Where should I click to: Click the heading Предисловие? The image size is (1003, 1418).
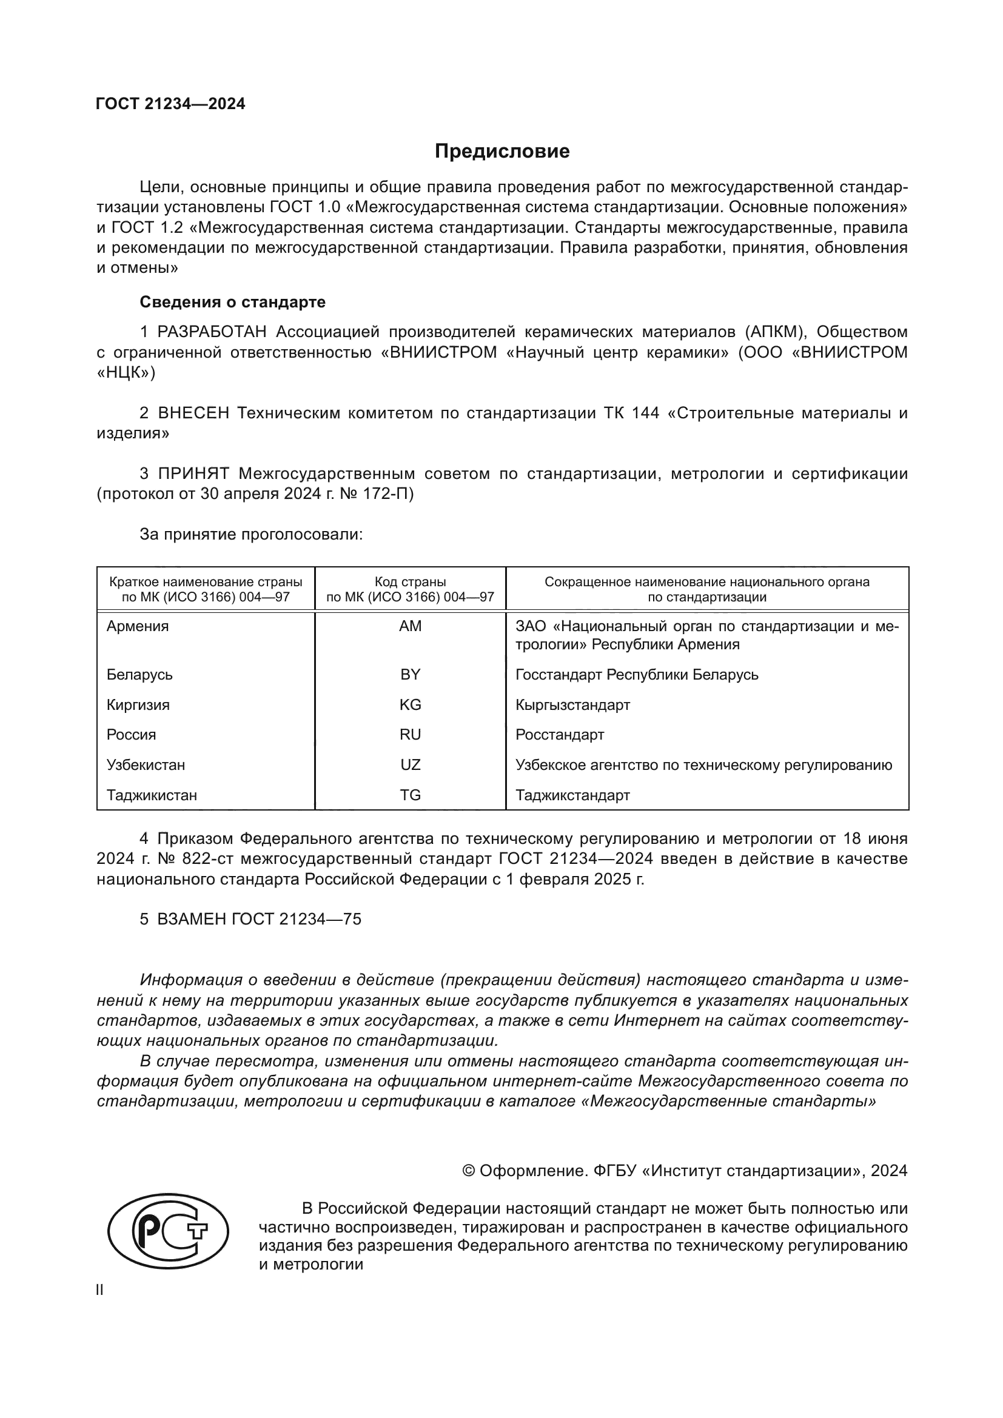[501, 152]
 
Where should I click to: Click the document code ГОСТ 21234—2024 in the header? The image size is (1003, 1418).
[170, 104]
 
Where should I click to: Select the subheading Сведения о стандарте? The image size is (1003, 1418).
[232, 302]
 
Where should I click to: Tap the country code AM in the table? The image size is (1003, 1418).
[410, 626]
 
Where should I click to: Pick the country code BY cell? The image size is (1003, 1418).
[410, 674]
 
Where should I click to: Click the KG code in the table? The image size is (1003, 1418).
[410, 704]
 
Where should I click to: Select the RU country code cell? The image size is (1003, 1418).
[410, 734]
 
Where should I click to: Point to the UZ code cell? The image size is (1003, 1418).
[410, 764]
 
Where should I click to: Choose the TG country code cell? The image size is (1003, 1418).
[410, 795]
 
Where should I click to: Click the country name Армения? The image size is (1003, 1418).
[138, 626]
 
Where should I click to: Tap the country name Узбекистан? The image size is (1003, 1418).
[146, 764]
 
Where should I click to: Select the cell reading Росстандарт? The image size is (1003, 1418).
[560, 734]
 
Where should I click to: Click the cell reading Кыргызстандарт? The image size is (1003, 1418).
[572, 704]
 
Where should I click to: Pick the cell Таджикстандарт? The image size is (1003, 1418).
[572, 795]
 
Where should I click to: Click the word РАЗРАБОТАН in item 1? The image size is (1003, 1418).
[212, 332]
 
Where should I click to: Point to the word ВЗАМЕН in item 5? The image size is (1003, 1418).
[192, 919]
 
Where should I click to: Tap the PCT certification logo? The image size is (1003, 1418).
[167, 1231]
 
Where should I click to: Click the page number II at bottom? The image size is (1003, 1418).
[100, 1290]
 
